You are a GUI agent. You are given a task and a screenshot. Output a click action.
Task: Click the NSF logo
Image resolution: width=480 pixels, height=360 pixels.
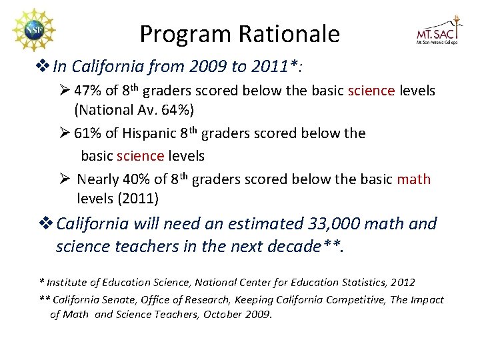tap(33, 31)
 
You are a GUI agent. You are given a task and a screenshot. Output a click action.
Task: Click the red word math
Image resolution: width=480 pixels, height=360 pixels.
tap(413, 179)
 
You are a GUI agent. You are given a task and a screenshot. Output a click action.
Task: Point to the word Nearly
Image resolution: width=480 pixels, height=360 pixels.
tap(99, 179)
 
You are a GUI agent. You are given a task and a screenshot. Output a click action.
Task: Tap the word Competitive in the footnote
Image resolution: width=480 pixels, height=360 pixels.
tap(354, 299)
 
